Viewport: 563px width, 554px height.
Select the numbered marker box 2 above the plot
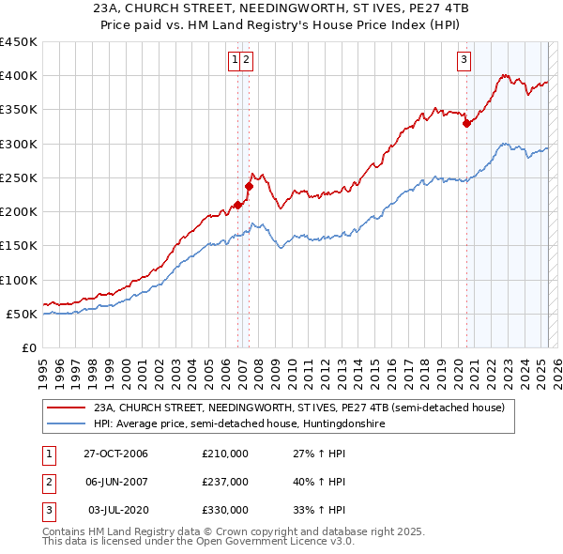pos(246,60)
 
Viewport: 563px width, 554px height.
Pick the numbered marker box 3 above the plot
pos(464,60)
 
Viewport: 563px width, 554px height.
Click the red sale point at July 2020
pos(466,123)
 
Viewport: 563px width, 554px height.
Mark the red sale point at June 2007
pos(250,186)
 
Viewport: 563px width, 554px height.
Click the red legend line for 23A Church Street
pos(67,408)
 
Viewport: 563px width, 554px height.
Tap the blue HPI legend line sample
pos(67,423)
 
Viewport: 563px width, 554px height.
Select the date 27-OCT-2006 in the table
pos(116,454)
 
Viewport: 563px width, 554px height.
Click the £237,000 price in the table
pos(225,482)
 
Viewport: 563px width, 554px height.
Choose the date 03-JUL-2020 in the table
pos(116,510)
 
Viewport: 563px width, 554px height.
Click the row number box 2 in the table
pos(48,482)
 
